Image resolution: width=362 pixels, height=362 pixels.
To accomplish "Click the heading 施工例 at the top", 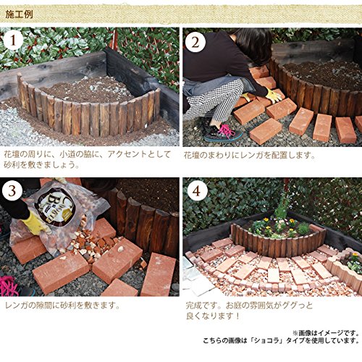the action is pos(19,14).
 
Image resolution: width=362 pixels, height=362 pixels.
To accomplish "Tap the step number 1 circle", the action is pos(13,41).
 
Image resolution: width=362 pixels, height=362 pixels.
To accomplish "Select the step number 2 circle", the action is pos(195,42).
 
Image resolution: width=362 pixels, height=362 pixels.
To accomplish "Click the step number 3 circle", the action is pos(12,190).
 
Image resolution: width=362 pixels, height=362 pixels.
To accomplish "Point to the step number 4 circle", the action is pos(197,191).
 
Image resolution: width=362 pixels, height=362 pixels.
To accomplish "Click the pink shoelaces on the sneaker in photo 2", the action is pos(226,130).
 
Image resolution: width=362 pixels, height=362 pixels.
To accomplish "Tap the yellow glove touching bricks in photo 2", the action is pos(274,95).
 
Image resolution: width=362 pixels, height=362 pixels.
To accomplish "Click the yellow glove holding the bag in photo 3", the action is pos(35,223).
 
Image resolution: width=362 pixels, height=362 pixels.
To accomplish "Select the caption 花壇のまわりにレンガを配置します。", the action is pos(250,155).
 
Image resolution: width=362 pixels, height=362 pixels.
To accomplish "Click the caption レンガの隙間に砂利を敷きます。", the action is pos(63,306).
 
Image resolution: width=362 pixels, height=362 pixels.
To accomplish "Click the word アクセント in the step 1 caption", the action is pos(125,154).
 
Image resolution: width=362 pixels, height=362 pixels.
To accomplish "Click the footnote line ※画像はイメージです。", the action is pos(326,333).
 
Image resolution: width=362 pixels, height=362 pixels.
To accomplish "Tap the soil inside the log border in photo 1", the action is pos(88,89).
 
